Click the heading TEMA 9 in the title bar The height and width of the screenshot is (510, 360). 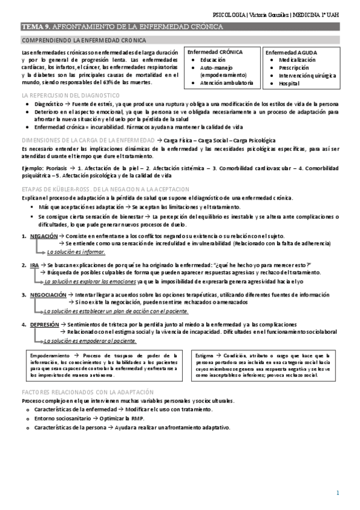37,27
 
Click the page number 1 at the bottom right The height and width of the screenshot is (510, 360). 338,493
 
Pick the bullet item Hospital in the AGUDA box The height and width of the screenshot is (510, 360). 288,83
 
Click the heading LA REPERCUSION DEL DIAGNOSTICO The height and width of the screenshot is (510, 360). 70,96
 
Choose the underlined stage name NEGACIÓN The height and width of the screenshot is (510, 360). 44,236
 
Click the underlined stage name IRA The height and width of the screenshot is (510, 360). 34,265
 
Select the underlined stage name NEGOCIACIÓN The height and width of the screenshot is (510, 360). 48,295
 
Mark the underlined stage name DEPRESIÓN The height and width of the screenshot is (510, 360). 44,324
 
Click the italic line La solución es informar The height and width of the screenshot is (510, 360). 76,252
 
